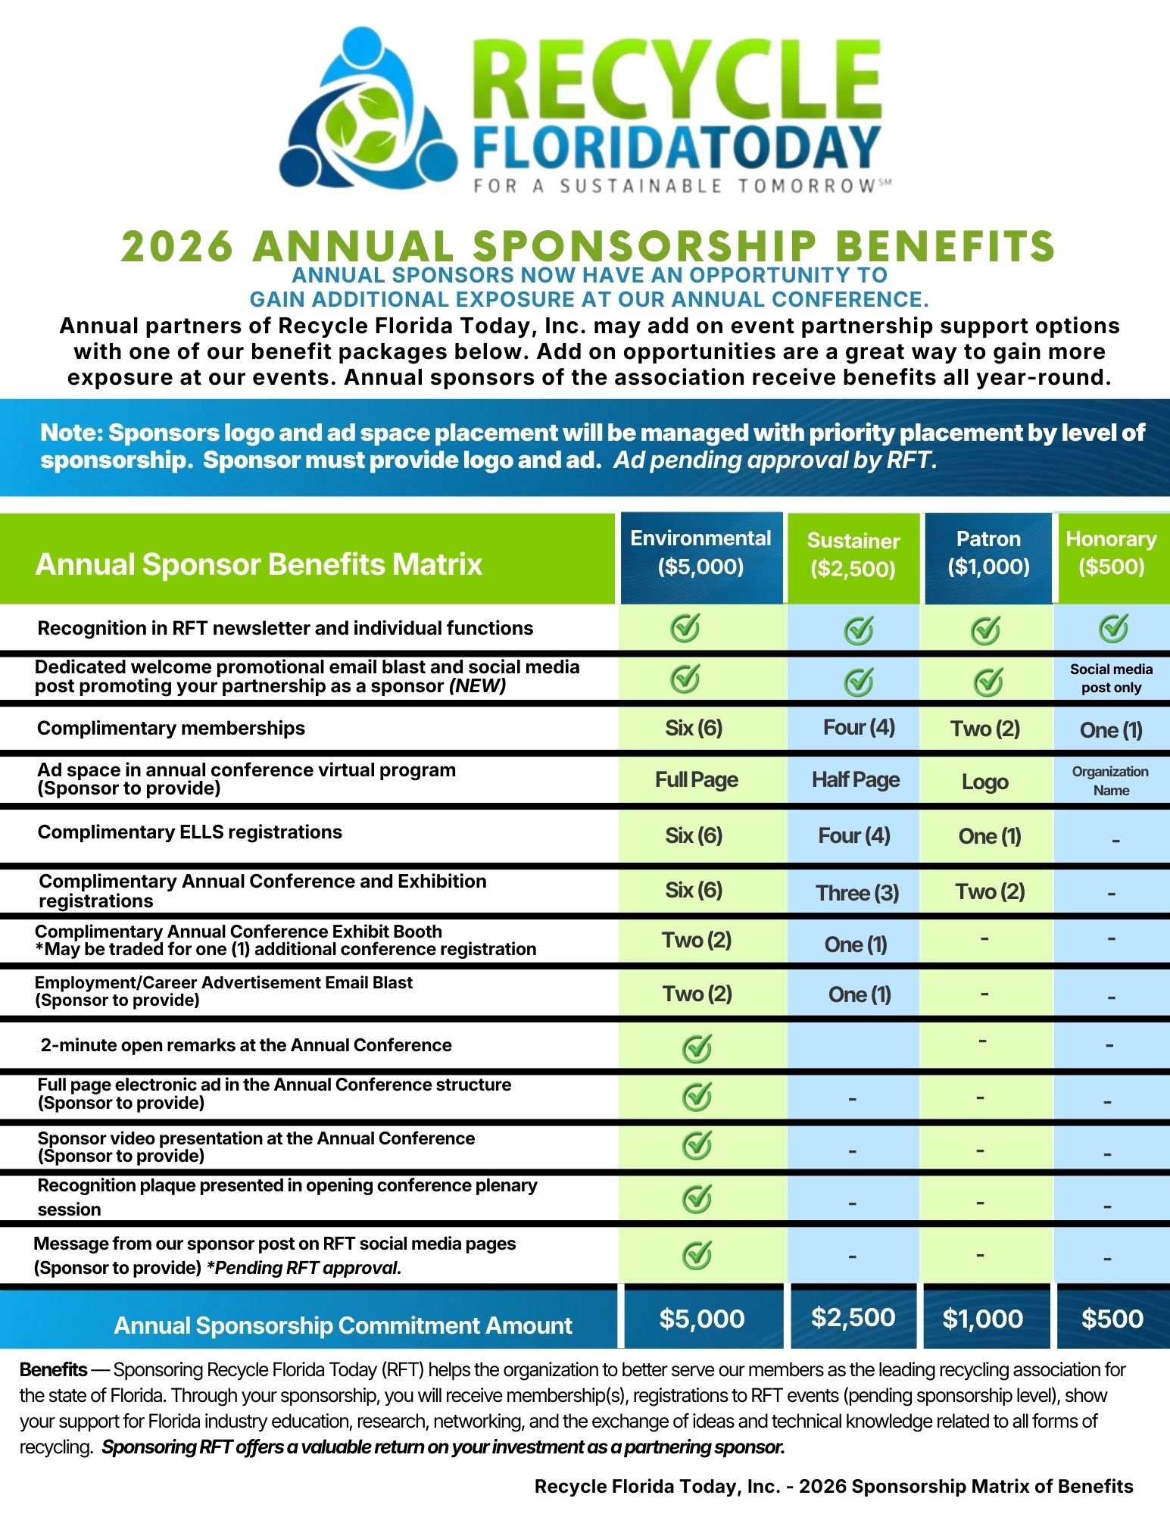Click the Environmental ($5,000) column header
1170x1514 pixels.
click(700, 553)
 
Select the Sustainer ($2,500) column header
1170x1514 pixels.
click(853, 555)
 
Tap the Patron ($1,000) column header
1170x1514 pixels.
click(988, 553)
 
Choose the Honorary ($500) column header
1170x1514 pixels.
click(1111, 553)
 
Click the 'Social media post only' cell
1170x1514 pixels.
click(1111, 679)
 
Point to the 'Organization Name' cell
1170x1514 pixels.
click(1110, 781)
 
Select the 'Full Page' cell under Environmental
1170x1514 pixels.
click(697, 780)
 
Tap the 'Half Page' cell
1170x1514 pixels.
click(856, 780)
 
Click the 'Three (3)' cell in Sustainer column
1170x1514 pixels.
click(857, 893)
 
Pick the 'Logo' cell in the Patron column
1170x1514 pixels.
click(984, 782)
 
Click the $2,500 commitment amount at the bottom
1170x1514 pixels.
click(853, 1318)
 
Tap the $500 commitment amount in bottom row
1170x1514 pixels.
click(1112, 1319)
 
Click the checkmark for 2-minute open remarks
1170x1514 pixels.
click(697, 1048)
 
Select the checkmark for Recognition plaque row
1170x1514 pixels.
click(697, 1198)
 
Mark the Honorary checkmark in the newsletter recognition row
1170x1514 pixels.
click(1113, 628)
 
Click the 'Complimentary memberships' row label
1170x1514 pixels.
click(171, 729)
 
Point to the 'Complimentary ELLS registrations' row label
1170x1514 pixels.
click(190, 832)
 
